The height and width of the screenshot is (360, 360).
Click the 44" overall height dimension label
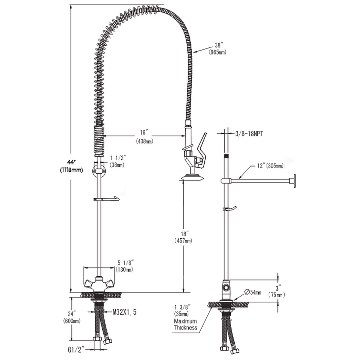(71, 166)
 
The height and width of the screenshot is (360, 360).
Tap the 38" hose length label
(217, 49)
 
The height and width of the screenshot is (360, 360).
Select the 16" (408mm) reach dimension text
(144, 137)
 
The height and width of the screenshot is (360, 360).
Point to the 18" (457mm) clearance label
(184, 237)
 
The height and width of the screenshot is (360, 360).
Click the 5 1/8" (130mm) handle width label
(125, 266)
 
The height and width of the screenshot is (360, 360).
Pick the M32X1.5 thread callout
(124, 312)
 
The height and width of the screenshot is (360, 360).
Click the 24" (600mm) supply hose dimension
(72, 317)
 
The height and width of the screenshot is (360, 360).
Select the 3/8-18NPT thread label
(249, 134)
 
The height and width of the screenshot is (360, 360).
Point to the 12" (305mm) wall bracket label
(270, 166)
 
